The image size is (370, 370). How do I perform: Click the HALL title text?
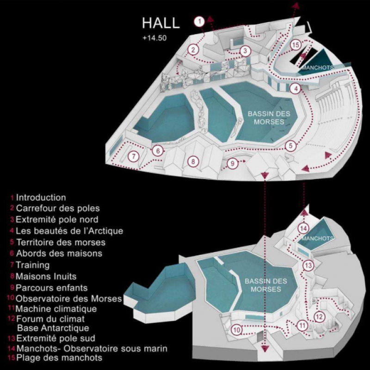click(160, 23)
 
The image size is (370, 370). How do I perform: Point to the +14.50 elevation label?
click(154, 38)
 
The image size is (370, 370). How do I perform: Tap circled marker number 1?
click(200, 22)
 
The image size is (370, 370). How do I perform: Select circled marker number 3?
click(245, 51)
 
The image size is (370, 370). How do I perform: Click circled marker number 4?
click(295, 89)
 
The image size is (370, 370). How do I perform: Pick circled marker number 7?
click(134, 156)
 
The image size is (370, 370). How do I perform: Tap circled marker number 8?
click(193, 162)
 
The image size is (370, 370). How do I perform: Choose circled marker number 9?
click(233, 163)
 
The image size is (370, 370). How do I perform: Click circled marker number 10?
click(237, 330)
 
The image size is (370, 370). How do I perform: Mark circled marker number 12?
click(320, 317)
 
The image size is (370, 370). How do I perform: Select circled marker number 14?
click(303, 228)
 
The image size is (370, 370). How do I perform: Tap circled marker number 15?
click(296, 44)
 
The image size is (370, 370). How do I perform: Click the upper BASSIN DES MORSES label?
click(269, 118)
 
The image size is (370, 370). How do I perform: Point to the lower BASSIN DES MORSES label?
click(266, 285)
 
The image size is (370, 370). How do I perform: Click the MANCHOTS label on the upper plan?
click(318, 68)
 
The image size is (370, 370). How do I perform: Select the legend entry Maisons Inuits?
click(46, 276)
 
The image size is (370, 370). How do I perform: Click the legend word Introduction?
click(41, 197)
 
